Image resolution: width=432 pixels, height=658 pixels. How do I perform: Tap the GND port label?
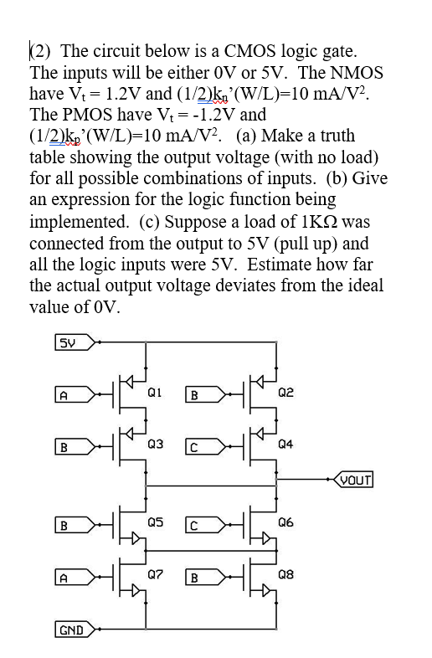click(x=69, y=628)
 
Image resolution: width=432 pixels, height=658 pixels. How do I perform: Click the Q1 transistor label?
click(x=154, y=392)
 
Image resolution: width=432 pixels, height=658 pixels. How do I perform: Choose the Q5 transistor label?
click(x=154, y=523)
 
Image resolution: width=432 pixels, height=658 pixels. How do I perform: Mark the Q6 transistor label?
click(x=285, y=522)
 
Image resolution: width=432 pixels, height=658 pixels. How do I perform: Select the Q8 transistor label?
click(x=285, y=575)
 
